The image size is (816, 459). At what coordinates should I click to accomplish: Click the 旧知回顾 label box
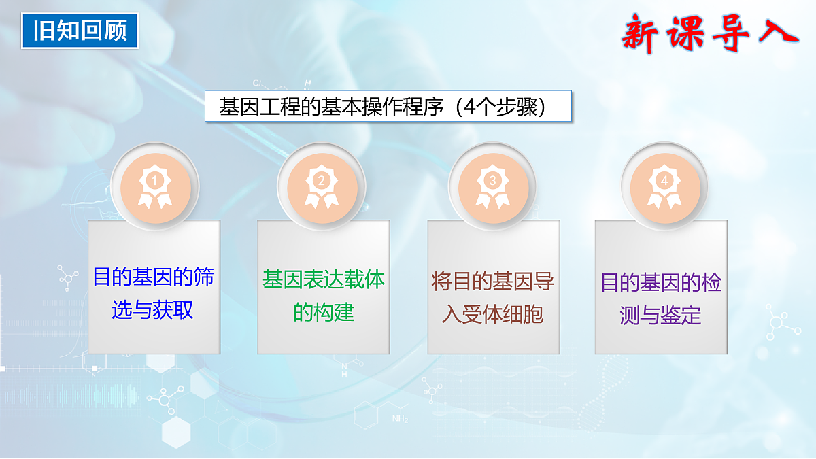[80, 31]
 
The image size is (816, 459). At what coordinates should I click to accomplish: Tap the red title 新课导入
[709, 33]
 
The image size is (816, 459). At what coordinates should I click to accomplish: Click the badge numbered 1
[154, 182]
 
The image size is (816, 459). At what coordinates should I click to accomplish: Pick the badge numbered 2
[322, 182]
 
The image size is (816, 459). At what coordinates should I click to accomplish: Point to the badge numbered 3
[492, 182]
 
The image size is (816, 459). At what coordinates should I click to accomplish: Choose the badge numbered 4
[664, 182]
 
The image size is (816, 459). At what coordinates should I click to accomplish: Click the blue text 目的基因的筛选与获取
[153, 294]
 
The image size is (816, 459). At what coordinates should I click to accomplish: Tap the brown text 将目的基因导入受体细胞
[493, 298]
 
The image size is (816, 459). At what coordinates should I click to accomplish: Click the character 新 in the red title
[641, 33]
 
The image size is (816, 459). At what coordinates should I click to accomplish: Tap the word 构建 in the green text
[334, 312]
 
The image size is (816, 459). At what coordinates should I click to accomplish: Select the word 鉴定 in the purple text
[681, 316]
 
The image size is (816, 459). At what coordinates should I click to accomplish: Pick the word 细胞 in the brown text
[523, 315]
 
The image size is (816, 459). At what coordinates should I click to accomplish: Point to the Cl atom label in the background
[257, 83]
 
